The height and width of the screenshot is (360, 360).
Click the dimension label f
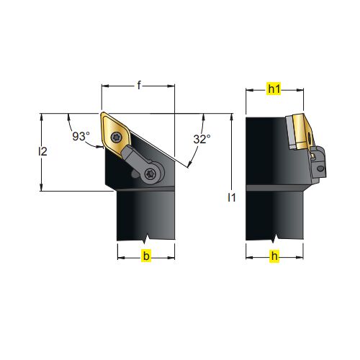[139, 85]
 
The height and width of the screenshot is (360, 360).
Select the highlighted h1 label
[274, 89]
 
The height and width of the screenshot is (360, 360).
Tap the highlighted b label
[146, 256]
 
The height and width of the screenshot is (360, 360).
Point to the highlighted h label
[274, 256]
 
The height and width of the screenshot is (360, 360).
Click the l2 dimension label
[42, 151]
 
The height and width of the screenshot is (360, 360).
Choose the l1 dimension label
[232, 197]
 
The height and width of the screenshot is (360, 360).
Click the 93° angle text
[81, 136]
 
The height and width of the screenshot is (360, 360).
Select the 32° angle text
[202, 139]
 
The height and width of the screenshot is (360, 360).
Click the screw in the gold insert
[115, 137]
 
